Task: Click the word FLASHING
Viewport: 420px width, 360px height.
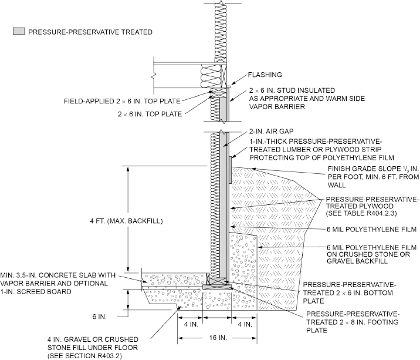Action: [266, 75]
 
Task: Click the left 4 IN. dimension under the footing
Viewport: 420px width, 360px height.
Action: [190, 324]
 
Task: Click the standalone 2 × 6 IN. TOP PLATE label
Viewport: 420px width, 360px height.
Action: [149, 113]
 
